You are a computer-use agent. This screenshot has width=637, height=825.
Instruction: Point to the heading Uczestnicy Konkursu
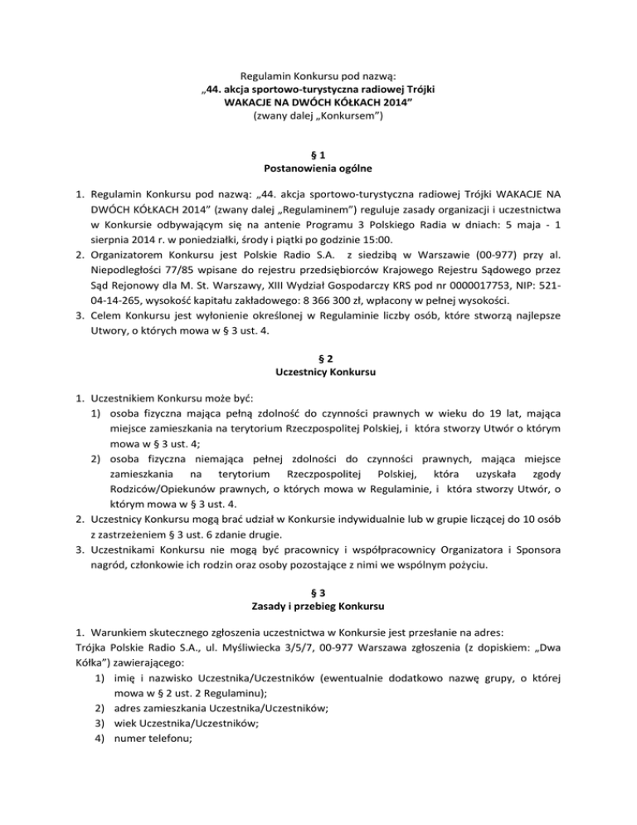[318, 373]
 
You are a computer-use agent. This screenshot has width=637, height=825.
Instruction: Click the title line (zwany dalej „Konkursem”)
[318, 118]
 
